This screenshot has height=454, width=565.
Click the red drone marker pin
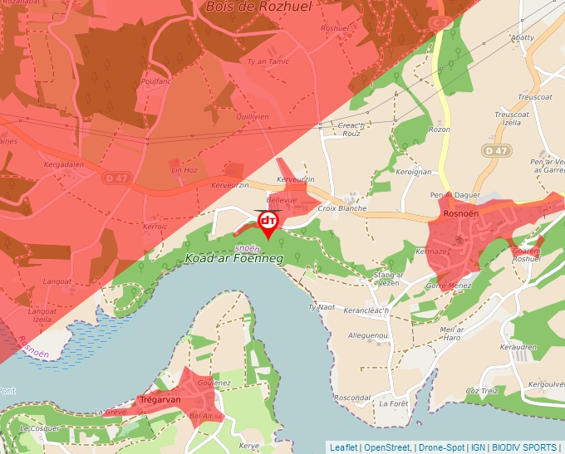click(268, 223)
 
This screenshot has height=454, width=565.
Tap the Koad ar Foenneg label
click(234, 259)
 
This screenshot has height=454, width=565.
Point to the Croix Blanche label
click(342, 208)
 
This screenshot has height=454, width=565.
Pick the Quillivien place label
click(253, 117)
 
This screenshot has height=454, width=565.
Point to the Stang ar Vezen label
click(388, 279)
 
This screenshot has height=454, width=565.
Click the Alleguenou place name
click(368, 335)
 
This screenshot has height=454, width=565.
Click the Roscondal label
click(351, 398)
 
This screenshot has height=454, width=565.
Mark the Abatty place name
click(522, 37)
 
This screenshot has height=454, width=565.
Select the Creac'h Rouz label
click(351, 129)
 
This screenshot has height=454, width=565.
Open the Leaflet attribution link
click(343, 447)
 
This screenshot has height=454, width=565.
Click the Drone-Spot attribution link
click(441, 447)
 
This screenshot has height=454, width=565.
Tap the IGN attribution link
click(479, 447)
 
